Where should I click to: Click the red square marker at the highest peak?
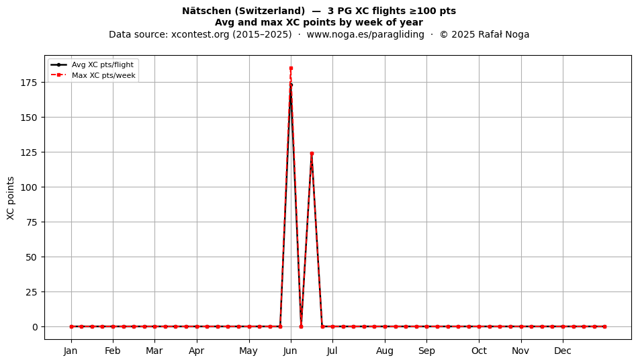(x=291, y=69)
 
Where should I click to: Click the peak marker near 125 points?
(x=312, y=153)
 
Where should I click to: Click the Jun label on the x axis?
(x=291, y=351)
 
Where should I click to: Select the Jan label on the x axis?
(x=71, y=351)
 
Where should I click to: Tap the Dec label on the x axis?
(x=563, y=351)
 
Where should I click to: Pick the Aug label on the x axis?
(x=385, y=351)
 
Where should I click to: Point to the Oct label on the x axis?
(x=479, y=351)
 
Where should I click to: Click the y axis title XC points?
(x=11, y=198)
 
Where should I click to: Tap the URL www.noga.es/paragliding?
(x=365, y=34)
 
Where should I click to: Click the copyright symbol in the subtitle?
(x=443, y=34)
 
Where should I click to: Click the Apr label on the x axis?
(x=197, y=351)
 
